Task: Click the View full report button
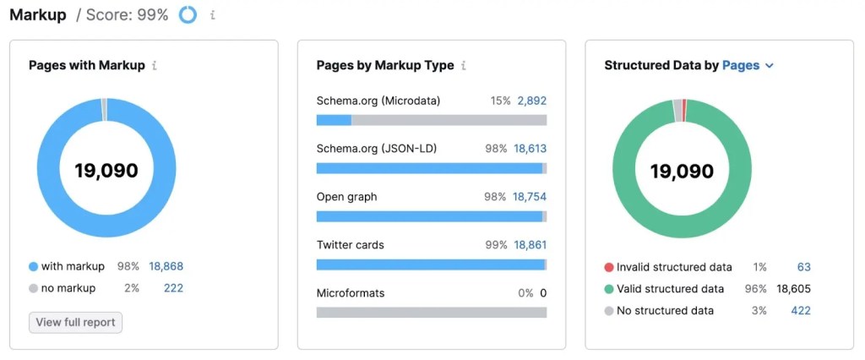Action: tap(76, 322)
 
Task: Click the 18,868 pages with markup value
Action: tap(166, 266)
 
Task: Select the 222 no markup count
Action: tap(173, 288)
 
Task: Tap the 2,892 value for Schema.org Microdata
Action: tap(531, 101)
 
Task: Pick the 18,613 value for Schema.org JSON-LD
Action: tap(530, 149)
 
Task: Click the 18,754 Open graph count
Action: tap(530, 197)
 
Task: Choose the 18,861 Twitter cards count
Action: tap(530, 245)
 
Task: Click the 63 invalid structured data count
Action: tap(803, 267)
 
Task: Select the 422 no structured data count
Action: tap(800, 311)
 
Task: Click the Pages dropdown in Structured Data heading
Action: tap(748, 65)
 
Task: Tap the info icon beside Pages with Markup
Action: tap(155, 65)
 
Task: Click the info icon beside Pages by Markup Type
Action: tap(464, 65)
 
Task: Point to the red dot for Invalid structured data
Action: tap(608, 267)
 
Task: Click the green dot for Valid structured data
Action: tap(608, 289)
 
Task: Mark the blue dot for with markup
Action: tap(33, 266)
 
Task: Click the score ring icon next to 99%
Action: tap(188, 15)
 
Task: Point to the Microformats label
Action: tap(351, 293)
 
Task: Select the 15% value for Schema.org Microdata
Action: tap(500, 101)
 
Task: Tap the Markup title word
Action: tap(37, 15)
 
